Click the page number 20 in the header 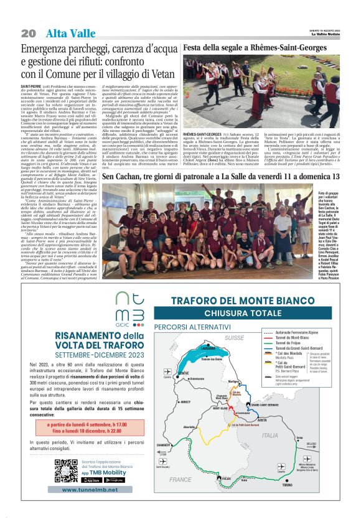point(29,33)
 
